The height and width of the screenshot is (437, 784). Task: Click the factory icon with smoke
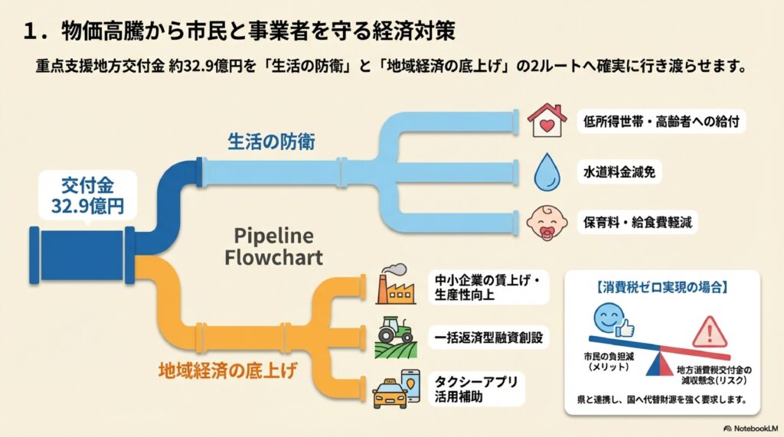[397, 285]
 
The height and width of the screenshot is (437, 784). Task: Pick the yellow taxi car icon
[390, 395]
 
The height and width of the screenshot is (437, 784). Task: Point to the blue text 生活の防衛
[262, 141]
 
